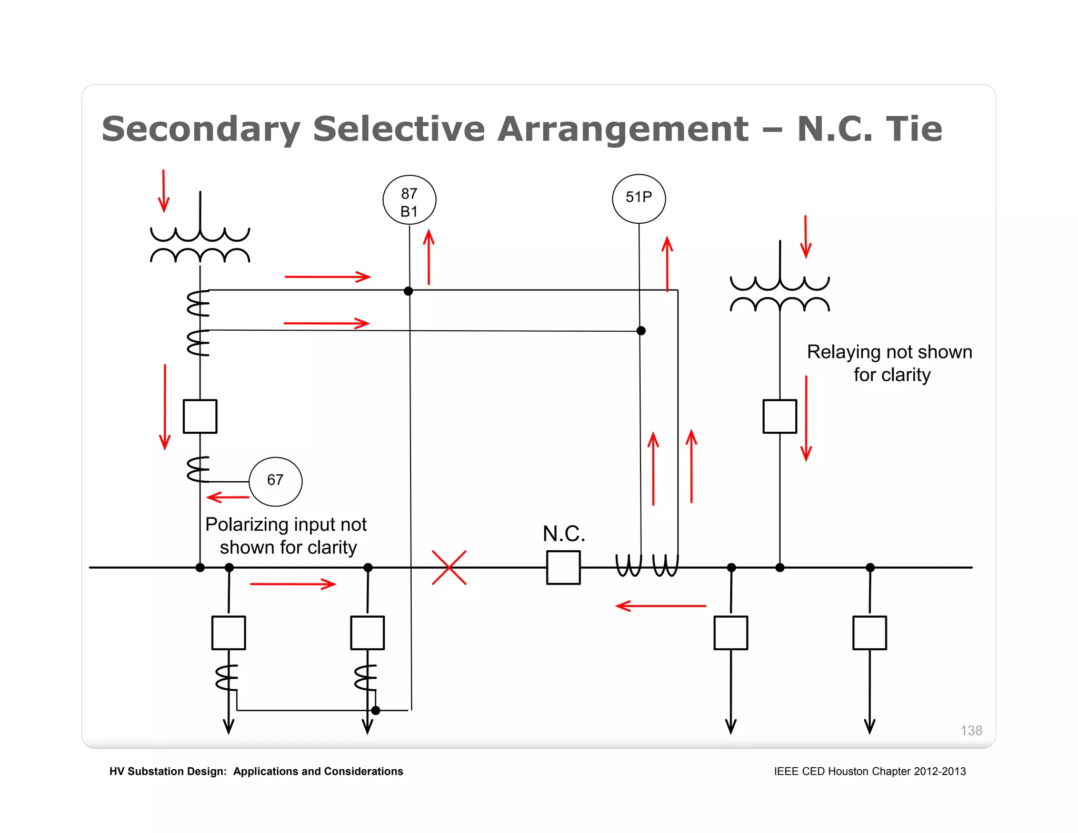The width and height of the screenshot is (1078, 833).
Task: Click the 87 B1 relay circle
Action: [409, 200]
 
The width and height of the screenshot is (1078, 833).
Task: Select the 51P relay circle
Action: [638, 199]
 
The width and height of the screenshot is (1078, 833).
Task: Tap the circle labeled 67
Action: [275, 481]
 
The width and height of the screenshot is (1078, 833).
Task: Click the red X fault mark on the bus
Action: [449, 568]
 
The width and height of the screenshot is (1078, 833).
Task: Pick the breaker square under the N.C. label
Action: [563, 568]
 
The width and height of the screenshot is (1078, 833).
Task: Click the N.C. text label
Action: [564, 534]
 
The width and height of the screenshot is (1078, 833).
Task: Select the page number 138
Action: [971, 730]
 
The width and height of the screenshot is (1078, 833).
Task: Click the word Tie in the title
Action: [914, 129]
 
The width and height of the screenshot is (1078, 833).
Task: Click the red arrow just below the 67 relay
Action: [228, 497]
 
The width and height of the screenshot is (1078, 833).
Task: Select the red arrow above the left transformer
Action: [164, 191]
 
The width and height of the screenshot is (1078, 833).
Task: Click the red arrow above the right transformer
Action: [805, 236]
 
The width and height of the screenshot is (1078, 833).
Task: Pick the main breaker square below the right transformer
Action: [780, 416]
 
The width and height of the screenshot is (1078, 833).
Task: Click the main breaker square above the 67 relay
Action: [200, 416]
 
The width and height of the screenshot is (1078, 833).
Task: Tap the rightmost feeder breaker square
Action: [870, 632]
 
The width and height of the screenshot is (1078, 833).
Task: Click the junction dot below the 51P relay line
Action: [641, 331]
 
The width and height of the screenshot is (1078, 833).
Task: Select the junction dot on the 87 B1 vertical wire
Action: [408, 291]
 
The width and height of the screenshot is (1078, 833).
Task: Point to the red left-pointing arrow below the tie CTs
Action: [661, 606]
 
